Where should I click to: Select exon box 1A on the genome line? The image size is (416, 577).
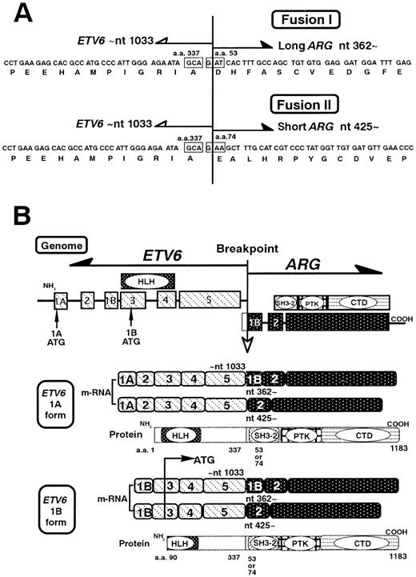pos(61,302)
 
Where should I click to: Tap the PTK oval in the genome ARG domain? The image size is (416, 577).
pos(311,303)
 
